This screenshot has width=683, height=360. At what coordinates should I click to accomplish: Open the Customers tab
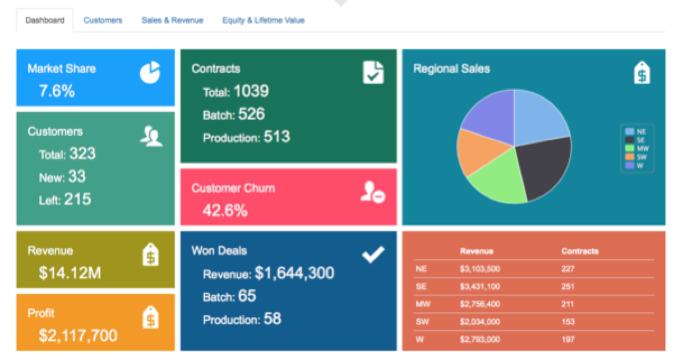coord(103,20)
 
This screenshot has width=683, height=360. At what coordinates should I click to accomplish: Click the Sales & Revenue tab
coord(172,20)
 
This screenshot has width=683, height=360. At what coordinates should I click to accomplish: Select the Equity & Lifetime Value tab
coord(263,20)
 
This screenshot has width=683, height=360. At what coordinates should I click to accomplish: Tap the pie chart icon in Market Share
coord(150,73)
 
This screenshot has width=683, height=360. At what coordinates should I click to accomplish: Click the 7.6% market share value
coord(57,91)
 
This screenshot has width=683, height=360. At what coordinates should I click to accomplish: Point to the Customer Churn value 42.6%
coord(225,211)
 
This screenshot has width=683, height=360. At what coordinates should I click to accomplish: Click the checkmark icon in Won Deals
coord(373,255)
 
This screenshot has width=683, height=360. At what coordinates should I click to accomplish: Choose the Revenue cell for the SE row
coord(479,287)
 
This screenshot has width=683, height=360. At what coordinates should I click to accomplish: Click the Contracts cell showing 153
coord(567,322)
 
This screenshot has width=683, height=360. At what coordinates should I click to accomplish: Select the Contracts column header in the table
coord(579,251)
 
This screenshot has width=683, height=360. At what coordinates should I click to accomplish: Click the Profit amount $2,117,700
coord(78,336)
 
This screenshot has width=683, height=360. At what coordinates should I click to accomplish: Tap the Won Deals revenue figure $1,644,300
coord(294,273)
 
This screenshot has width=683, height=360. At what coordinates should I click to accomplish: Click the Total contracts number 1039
coord(251,91)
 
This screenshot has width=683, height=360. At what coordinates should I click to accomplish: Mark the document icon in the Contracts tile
coord(373,72)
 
